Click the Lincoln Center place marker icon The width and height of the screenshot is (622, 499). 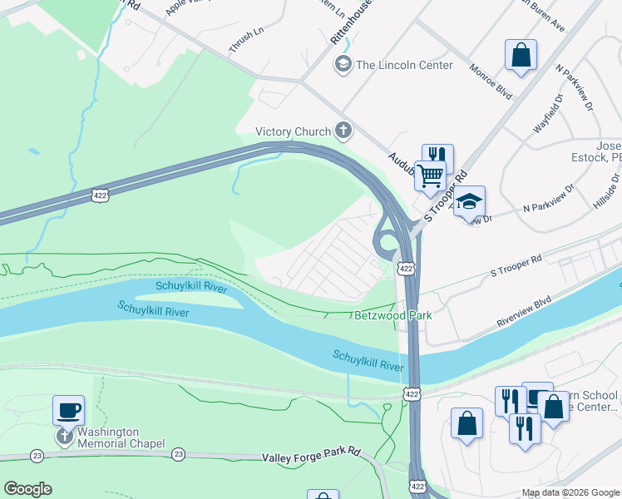343,65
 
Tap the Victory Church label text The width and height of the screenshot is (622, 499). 292,131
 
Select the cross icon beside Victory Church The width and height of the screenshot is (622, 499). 343,131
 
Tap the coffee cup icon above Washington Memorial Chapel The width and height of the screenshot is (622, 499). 68,410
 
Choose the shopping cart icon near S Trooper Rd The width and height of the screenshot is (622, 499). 430,175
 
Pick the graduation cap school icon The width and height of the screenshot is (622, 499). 469,201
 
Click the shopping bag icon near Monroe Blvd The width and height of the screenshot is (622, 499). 521,56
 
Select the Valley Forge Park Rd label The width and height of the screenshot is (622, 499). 311,457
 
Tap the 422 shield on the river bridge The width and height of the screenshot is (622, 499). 411,393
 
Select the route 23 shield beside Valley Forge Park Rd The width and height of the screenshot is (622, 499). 178,454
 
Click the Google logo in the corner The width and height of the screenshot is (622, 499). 27,489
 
